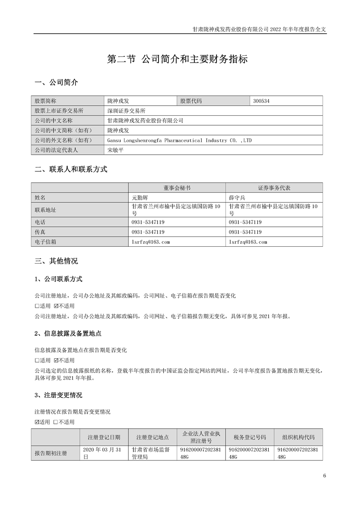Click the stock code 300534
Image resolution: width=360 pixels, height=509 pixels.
[262, 101]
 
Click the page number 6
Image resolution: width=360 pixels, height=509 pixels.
[325, 476]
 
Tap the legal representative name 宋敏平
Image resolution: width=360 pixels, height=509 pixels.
[115, 150]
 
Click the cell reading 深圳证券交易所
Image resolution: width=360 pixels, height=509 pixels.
[127, 111]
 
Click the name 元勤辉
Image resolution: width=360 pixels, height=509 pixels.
[140, 198]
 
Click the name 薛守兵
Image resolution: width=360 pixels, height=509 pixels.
[237, 198]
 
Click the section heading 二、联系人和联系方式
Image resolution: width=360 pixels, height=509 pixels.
[71, 170]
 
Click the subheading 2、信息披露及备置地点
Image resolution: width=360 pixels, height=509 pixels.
[68, 333]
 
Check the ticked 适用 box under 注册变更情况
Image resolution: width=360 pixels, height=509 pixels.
[37, 422]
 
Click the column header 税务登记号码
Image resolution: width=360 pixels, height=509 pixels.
[250, 437]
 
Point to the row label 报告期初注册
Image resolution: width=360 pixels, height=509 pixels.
[51, 454]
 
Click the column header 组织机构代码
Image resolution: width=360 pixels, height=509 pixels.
[298, 437]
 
